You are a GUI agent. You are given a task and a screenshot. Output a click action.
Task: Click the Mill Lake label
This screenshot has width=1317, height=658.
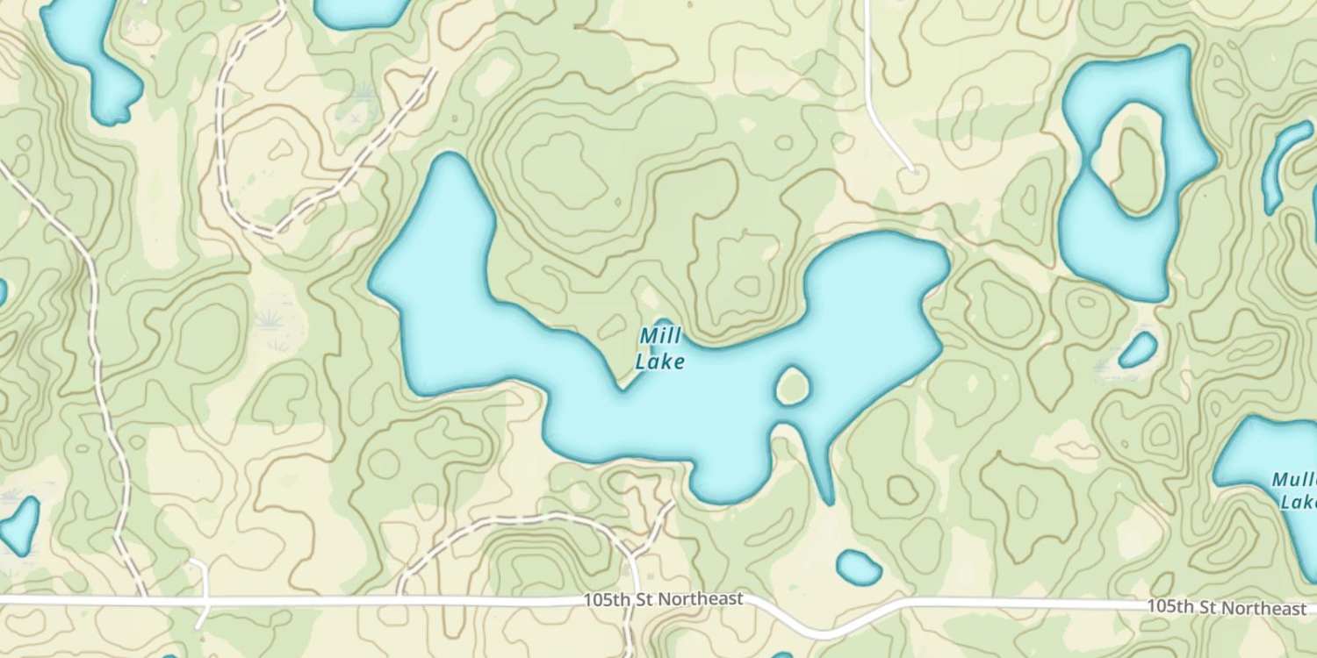659,348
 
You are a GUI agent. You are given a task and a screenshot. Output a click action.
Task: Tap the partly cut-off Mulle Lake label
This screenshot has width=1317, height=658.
1295,491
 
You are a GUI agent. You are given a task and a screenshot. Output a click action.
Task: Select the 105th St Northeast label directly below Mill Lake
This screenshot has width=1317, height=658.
664,599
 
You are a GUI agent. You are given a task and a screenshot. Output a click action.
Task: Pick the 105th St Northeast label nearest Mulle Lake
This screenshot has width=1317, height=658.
1226,607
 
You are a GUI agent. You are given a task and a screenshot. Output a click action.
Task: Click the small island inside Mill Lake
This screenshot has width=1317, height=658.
792,386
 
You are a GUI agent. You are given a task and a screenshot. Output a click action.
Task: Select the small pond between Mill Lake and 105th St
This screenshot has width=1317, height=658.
858,568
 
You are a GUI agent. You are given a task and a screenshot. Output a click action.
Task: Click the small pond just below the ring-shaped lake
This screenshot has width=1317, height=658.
1139,350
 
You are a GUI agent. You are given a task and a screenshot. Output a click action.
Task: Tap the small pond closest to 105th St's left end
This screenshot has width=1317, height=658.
19,524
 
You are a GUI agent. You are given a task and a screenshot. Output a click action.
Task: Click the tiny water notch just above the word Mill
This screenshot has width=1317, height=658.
663,325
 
